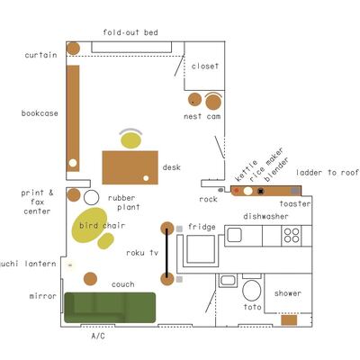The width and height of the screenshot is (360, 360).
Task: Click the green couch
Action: pos(110,308)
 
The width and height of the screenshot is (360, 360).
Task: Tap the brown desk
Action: pos(130,167)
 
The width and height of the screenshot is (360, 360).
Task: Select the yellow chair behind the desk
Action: pos(130,140)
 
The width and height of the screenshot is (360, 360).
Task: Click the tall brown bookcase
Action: pos(73,119)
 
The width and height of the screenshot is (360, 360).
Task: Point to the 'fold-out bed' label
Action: pos(130,32)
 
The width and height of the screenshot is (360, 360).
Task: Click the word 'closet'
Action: pos(205,66)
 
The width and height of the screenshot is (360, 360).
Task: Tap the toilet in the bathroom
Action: pos(252,290)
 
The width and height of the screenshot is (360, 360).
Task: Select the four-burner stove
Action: pos(292,236)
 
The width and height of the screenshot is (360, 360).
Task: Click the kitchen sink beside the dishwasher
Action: pos(234,235)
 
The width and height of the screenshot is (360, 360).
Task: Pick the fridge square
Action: pos(201,249)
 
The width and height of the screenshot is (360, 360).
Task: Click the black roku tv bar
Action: pos(167,254)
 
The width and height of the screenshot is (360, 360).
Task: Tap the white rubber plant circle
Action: pos(91,197)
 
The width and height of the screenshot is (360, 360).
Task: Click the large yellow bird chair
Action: pos(89,225)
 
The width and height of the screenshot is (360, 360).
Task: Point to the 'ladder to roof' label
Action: pos(328,173)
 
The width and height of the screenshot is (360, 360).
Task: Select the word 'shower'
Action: pos(288,293)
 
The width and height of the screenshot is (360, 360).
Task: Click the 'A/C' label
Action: pos(98,336)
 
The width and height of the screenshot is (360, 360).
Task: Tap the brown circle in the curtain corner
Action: pos(73,49)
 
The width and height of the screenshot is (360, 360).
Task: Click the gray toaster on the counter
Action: pos(295,190)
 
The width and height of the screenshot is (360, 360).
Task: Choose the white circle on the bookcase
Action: pos(73,163)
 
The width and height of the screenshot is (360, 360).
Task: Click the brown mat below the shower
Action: pos(289,319)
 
